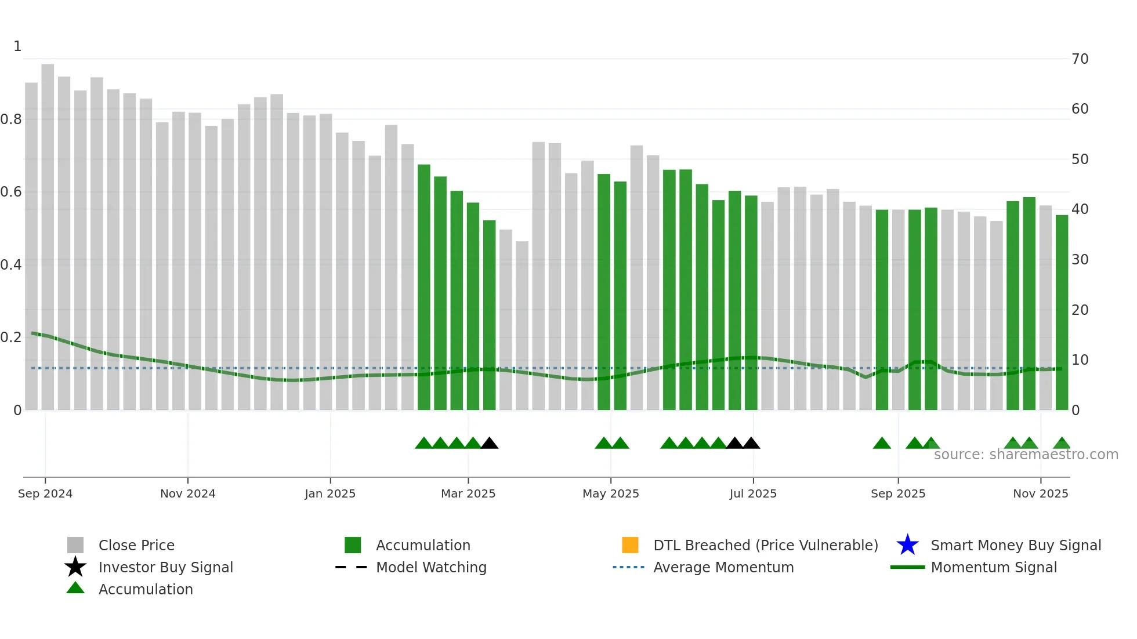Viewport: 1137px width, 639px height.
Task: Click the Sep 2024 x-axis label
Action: [45, 493]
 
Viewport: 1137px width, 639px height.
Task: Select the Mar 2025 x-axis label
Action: [468, 493]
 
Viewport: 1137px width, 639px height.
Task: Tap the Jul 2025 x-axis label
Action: [753, 493]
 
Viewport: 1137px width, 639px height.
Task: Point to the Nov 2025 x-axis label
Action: [1040, 493]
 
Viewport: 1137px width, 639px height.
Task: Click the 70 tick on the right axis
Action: [1080, 59]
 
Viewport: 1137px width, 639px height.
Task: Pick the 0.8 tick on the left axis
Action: [11, 119]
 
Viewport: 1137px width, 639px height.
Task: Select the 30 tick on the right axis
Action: [1080, 260]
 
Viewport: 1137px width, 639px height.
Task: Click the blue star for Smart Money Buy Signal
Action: [907, 545]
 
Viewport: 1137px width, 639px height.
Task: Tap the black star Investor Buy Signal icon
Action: [75, 567]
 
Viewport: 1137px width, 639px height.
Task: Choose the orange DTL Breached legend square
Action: [630, 545]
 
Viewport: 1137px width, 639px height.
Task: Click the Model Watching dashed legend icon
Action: [351, 567]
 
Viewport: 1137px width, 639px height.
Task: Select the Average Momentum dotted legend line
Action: [628, 567]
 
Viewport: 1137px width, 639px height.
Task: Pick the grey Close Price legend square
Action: [75, 545]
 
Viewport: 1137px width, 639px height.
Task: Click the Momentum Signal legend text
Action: [994, 567]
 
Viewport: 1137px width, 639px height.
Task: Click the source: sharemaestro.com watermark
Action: [1026, 455]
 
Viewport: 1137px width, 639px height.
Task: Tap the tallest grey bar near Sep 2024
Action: [48, 232]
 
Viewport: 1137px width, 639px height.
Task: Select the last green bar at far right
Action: [1062, 313]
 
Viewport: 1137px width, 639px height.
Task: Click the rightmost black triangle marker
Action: [751, 444]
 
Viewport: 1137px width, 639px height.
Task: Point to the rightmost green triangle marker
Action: [1062, 444]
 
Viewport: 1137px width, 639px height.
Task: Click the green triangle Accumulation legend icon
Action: [75, 588]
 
